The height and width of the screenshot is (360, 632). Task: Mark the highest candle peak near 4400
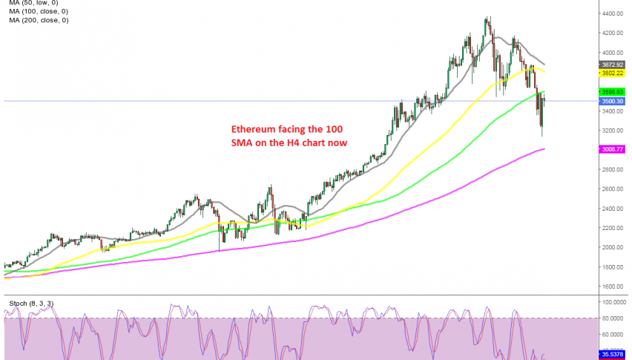coord(487,17)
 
